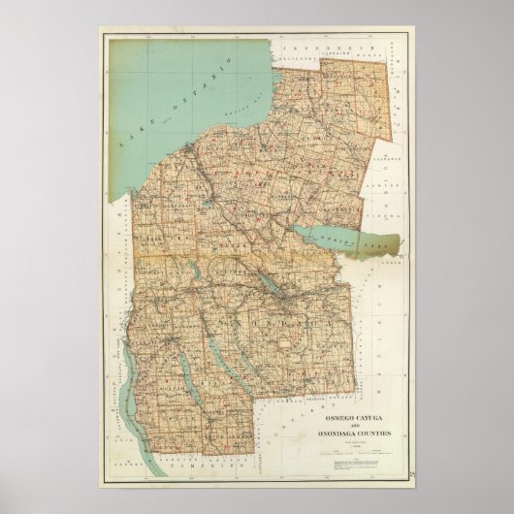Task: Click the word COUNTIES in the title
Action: (373, 434)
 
